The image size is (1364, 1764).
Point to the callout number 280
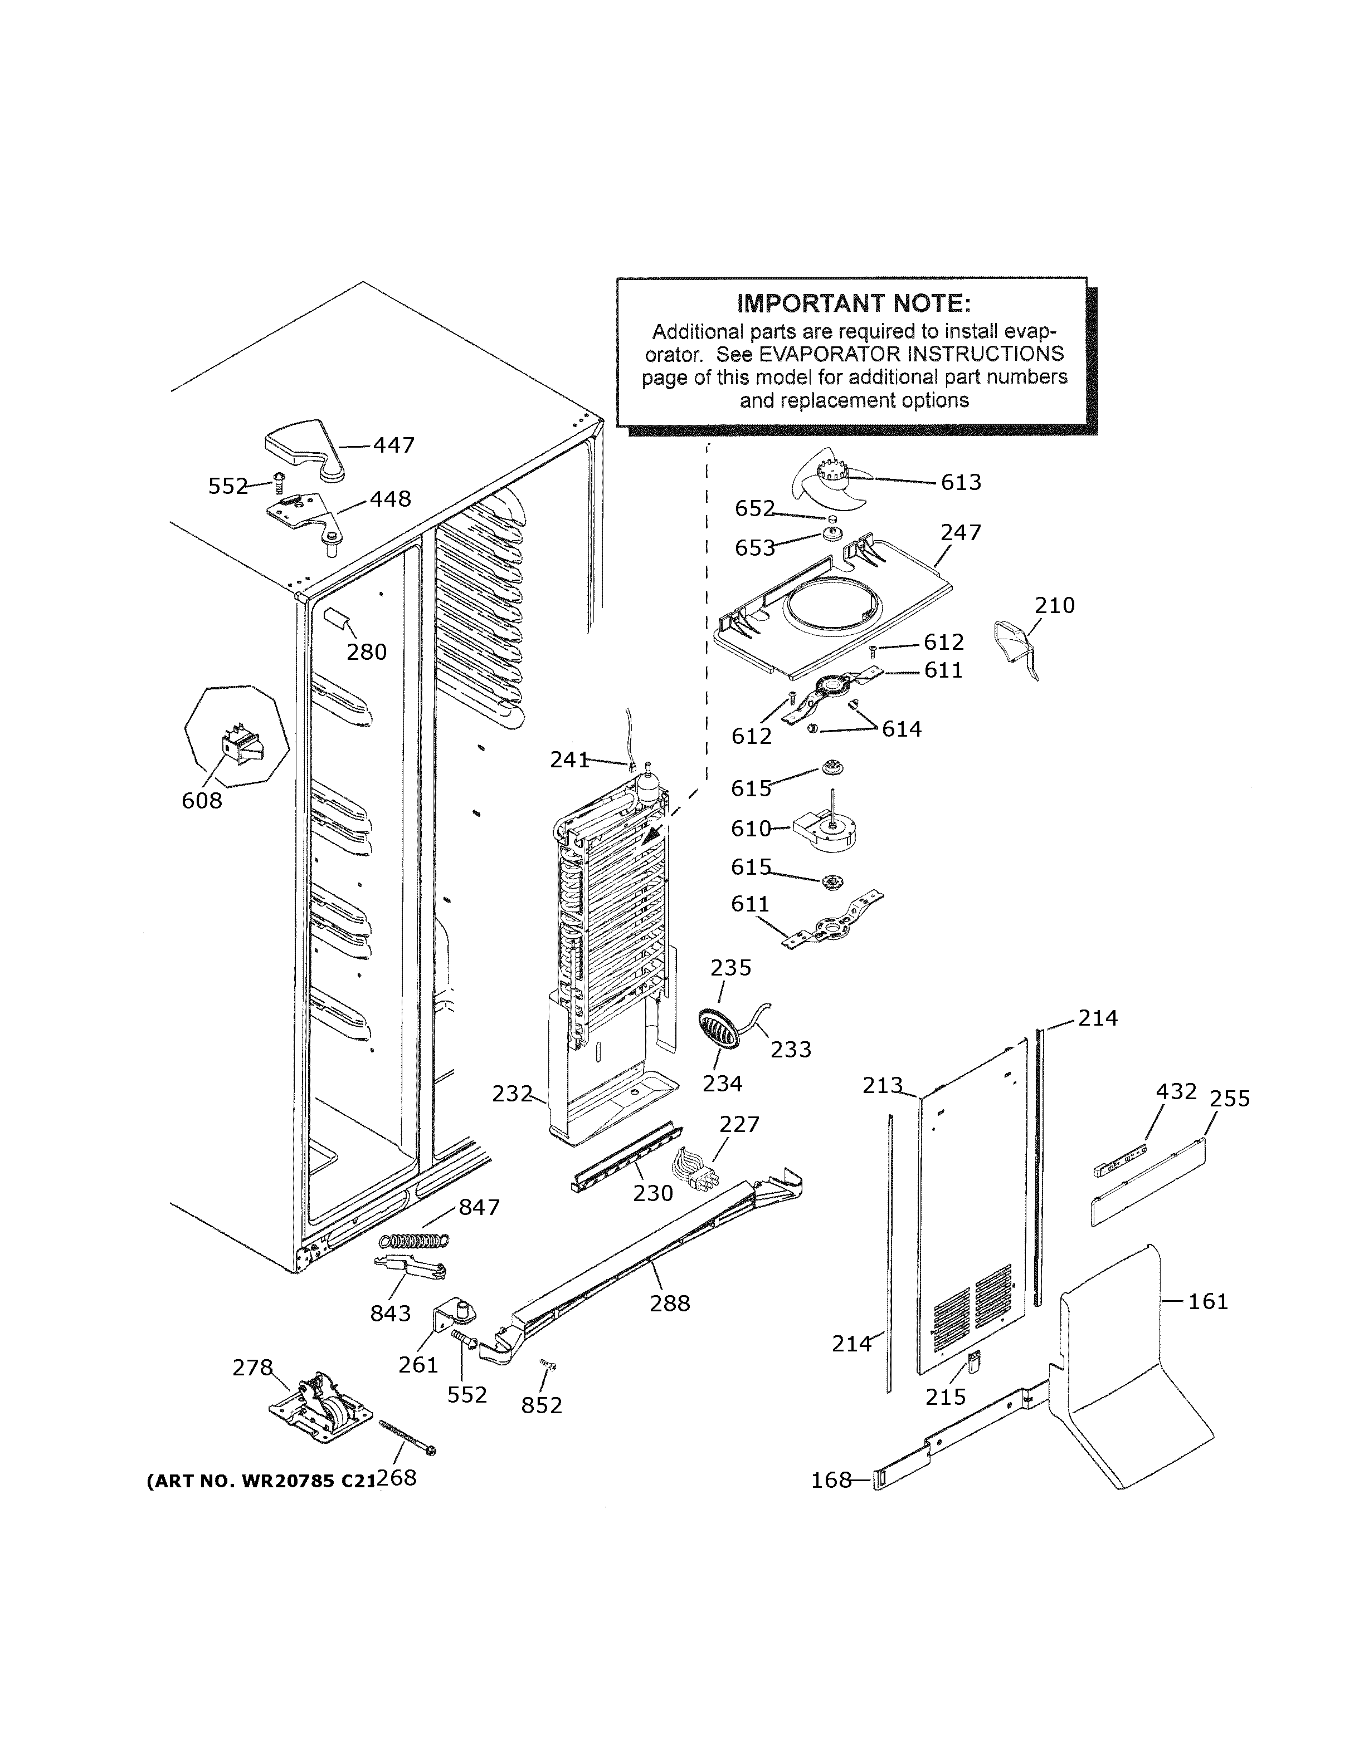tap(367, 652)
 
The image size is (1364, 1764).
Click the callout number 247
tap(961, 532)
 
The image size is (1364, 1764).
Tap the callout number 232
tap(512, 1094)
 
